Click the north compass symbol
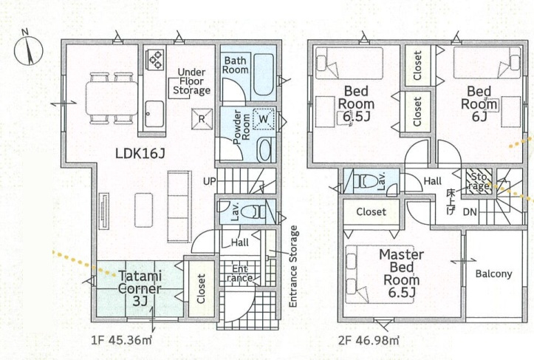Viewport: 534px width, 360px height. click(28, 49)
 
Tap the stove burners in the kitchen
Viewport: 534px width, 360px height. click(155, 59)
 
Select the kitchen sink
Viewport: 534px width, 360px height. click(154, 114)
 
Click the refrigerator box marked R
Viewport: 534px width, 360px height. click(202, 119)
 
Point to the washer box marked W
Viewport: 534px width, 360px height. click(264, 119)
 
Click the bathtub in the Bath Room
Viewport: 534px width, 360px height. click(264, 75)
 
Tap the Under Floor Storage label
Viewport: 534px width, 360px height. click(192, 81)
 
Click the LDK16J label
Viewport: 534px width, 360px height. click(140, 154)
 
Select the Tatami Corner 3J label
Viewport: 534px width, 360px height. click(140, 288)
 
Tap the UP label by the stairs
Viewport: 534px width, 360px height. click(210, 181)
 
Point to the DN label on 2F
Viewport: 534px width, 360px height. click(470, 211)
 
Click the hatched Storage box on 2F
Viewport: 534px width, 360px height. click(479, 182)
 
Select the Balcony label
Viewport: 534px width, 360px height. click(494, 274)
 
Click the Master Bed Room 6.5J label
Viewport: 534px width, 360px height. click(402, 274)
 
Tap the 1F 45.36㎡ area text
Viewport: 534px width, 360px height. click(122, 340)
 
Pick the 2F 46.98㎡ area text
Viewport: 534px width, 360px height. click(369, 340)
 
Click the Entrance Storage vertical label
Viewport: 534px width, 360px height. click(293, 266)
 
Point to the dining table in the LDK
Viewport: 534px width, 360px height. click(112, 98)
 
